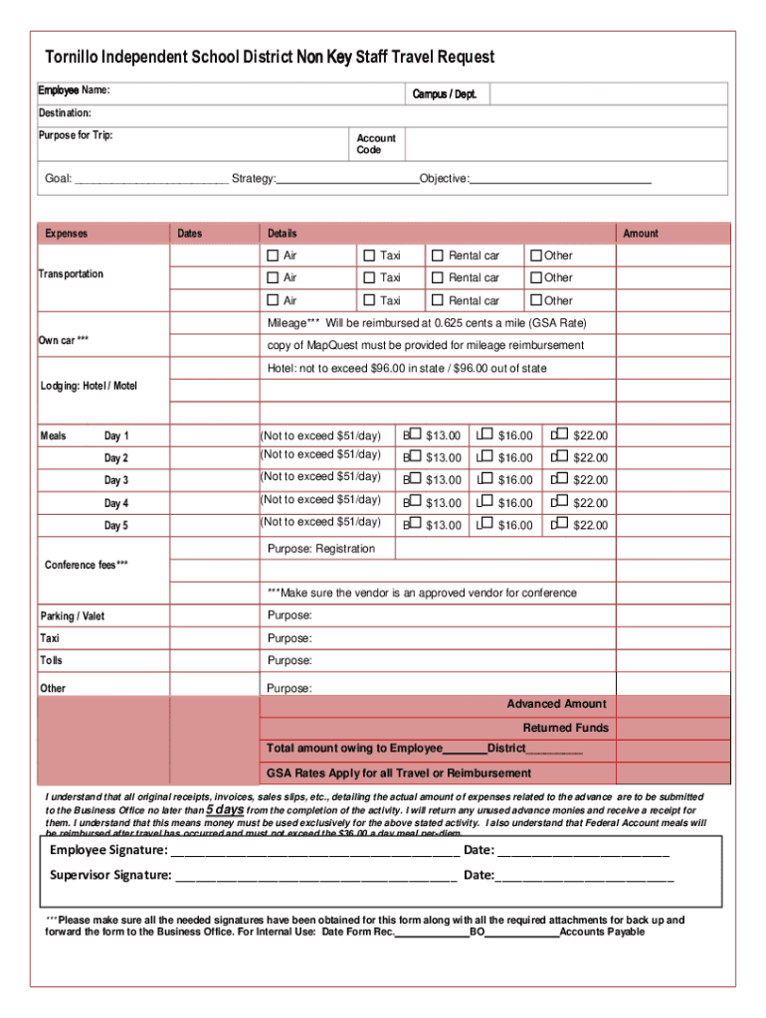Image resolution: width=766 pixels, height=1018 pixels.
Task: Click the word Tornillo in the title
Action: (72, 58)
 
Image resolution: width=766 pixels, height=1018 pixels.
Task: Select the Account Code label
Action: (376, 144)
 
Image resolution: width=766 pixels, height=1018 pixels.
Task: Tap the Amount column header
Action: (640, 234)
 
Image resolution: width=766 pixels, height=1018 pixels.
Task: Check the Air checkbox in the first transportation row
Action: (273, 255)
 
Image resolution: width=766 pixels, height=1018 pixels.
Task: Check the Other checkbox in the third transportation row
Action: (536, 300)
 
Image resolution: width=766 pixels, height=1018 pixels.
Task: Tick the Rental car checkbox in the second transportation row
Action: (437, 278)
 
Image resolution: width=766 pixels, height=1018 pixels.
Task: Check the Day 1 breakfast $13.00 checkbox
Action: (415, 434)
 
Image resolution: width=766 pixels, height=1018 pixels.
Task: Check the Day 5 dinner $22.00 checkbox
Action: (561, 524)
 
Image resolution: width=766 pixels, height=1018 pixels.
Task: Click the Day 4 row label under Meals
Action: (116, 504)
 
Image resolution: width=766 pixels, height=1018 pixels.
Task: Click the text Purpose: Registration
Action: (321, 549)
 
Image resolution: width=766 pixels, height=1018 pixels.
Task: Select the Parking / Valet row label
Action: (72, 616)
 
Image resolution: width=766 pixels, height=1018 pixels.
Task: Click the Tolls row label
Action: (51, 660)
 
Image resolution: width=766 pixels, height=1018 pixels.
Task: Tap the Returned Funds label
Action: (565, 728)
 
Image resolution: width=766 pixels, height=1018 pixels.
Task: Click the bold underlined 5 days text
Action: (225, 809)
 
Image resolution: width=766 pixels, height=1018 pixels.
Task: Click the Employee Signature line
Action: (314, 852)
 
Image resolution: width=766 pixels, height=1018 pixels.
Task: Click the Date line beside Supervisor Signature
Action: (585, 877)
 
